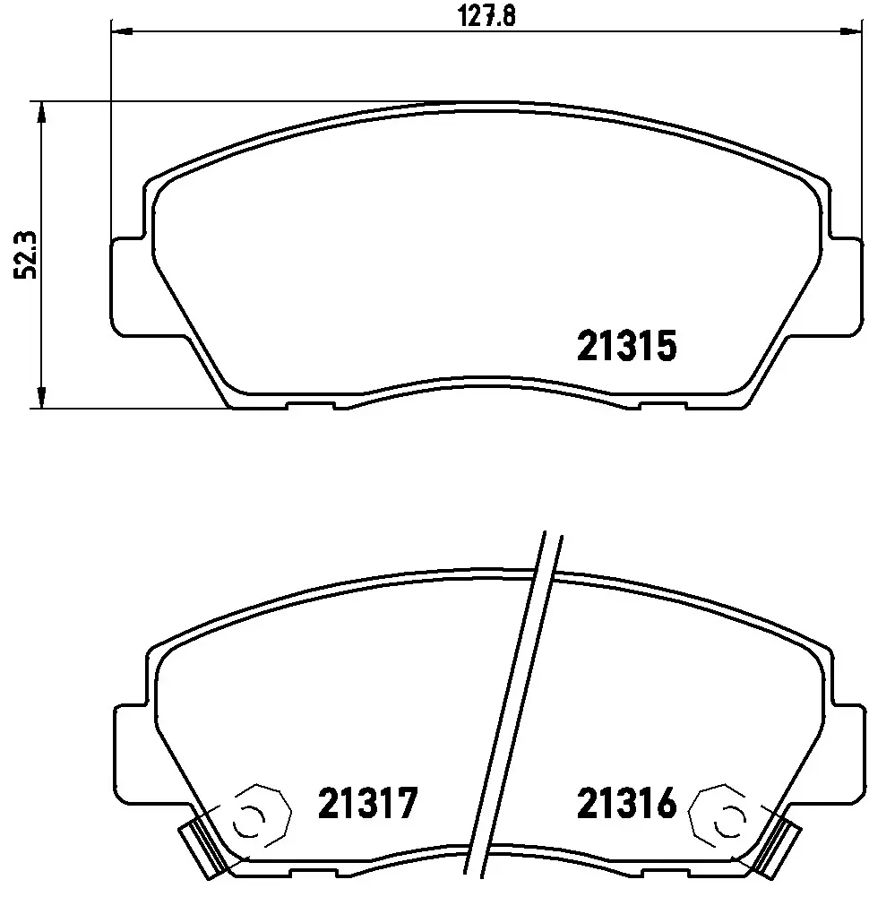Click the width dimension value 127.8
point(486,16)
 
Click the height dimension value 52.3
point(25,254)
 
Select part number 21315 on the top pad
point(626,346)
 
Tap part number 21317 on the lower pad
point(367,803)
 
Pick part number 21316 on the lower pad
point(626,803)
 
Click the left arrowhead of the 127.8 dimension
point(121,30)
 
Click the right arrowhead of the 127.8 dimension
point(849,30)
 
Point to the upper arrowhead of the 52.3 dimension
point(41,113)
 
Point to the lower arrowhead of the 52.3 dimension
point(41,397)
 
